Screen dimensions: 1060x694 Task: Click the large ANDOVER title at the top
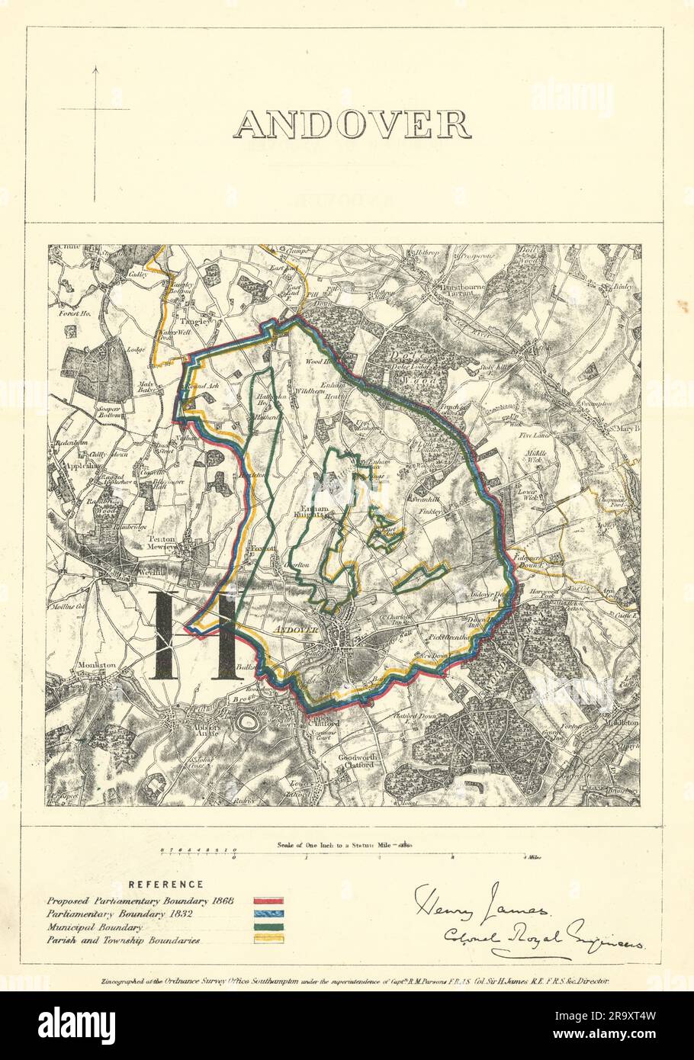tap(352, 125)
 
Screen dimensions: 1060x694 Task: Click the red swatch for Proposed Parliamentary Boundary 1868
tap(268, 901)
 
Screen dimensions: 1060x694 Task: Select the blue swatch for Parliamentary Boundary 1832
tap(268, 914)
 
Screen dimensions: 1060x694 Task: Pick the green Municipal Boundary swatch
tap(268, 927)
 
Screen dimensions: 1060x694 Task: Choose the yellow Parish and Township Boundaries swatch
tap(268, 940)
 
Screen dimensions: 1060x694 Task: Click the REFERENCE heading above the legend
tap(165, 885)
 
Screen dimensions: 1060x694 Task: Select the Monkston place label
tap(97, 665)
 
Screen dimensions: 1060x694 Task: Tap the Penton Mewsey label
tap(162, 542)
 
